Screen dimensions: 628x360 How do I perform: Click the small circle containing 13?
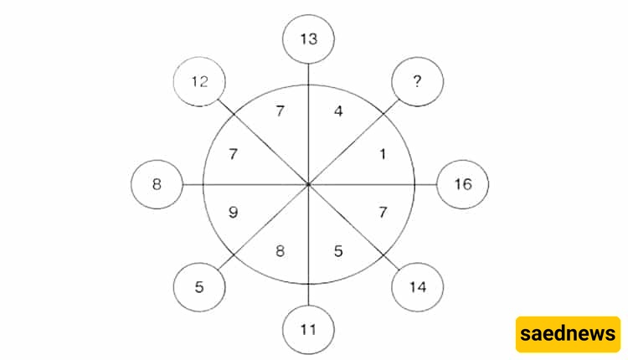(308, 39)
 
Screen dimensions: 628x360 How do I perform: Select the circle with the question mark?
(417, 82)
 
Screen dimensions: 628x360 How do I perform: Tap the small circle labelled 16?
(462, 184)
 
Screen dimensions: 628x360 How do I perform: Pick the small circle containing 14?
(417, 287)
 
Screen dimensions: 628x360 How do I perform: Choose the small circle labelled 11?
(308, 330)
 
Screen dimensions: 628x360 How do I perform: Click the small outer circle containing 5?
(199, 287)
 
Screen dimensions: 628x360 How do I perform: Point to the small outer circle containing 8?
(157, 184)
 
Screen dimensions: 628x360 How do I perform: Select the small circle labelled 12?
(199, 82)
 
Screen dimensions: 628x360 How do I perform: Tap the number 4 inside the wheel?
(338, 111)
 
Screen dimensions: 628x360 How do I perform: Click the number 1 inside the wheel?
(383, 154)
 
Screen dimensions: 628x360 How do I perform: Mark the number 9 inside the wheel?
(233, 212)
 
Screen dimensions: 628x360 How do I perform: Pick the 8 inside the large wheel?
(280, 251)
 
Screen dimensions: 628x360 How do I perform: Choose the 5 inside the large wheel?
(338, 251)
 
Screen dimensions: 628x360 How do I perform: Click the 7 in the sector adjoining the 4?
(280, 111)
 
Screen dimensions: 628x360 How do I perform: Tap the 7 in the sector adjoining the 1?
(383, 212)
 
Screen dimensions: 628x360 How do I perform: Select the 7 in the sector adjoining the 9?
(233, 154)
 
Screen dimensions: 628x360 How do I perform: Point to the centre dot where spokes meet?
(308, 185)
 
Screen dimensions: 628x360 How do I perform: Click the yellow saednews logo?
(568, 334)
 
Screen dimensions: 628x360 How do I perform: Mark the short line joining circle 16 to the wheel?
(425, 185)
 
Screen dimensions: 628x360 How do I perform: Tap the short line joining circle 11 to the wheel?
(308, 295)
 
